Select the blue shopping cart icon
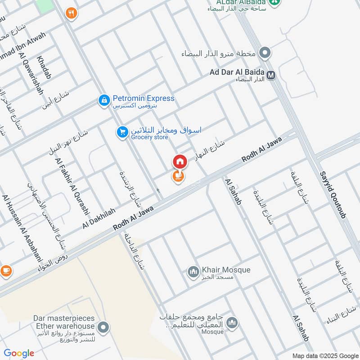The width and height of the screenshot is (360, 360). click(121, 132)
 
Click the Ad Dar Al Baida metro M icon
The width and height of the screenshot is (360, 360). click(271, 75)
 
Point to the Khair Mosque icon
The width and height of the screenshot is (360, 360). click(193, 272)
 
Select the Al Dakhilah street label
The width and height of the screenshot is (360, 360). click(99, 218)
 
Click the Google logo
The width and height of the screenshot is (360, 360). click(19, 353)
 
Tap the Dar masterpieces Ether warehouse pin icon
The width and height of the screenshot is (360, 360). click(104, 328)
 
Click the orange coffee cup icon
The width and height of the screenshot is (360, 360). click(6, 271)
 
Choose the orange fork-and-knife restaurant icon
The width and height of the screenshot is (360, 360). click(71, 13)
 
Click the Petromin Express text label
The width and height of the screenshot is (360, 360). click(143, 99)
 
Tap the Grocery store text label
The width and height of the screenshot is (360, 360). click(149, 137)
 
